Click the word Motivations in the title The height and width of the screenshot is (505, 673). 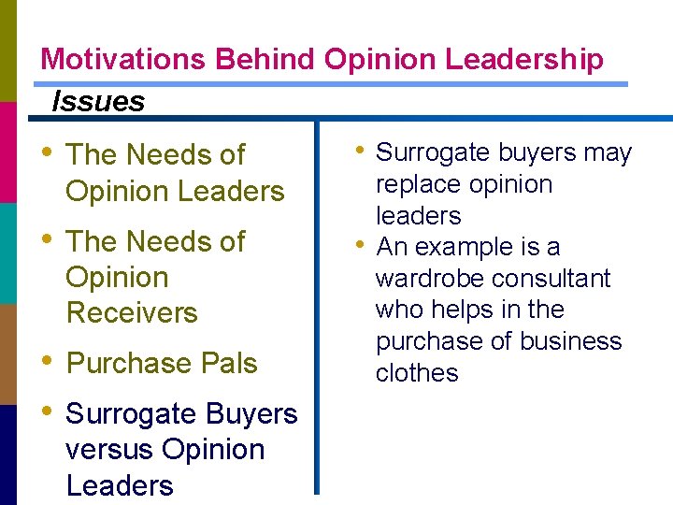[124, 60]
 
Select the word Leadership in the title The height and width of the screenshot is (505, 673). [524, 60]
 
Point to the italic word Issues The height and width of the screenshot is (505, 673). [98, 100]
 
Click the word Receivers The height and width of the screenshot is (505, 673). [132, 312]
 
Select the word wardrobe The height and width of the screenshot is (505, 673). [429, 279]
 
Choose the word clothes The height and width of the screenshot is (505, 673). [417, 373]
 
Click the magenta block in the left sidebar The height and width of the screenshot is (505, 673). [7, 151]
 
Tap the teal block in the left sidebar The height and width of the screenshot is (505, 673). [7, 252]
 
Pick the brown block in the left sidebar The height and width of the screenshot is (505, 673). [7, 353]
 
